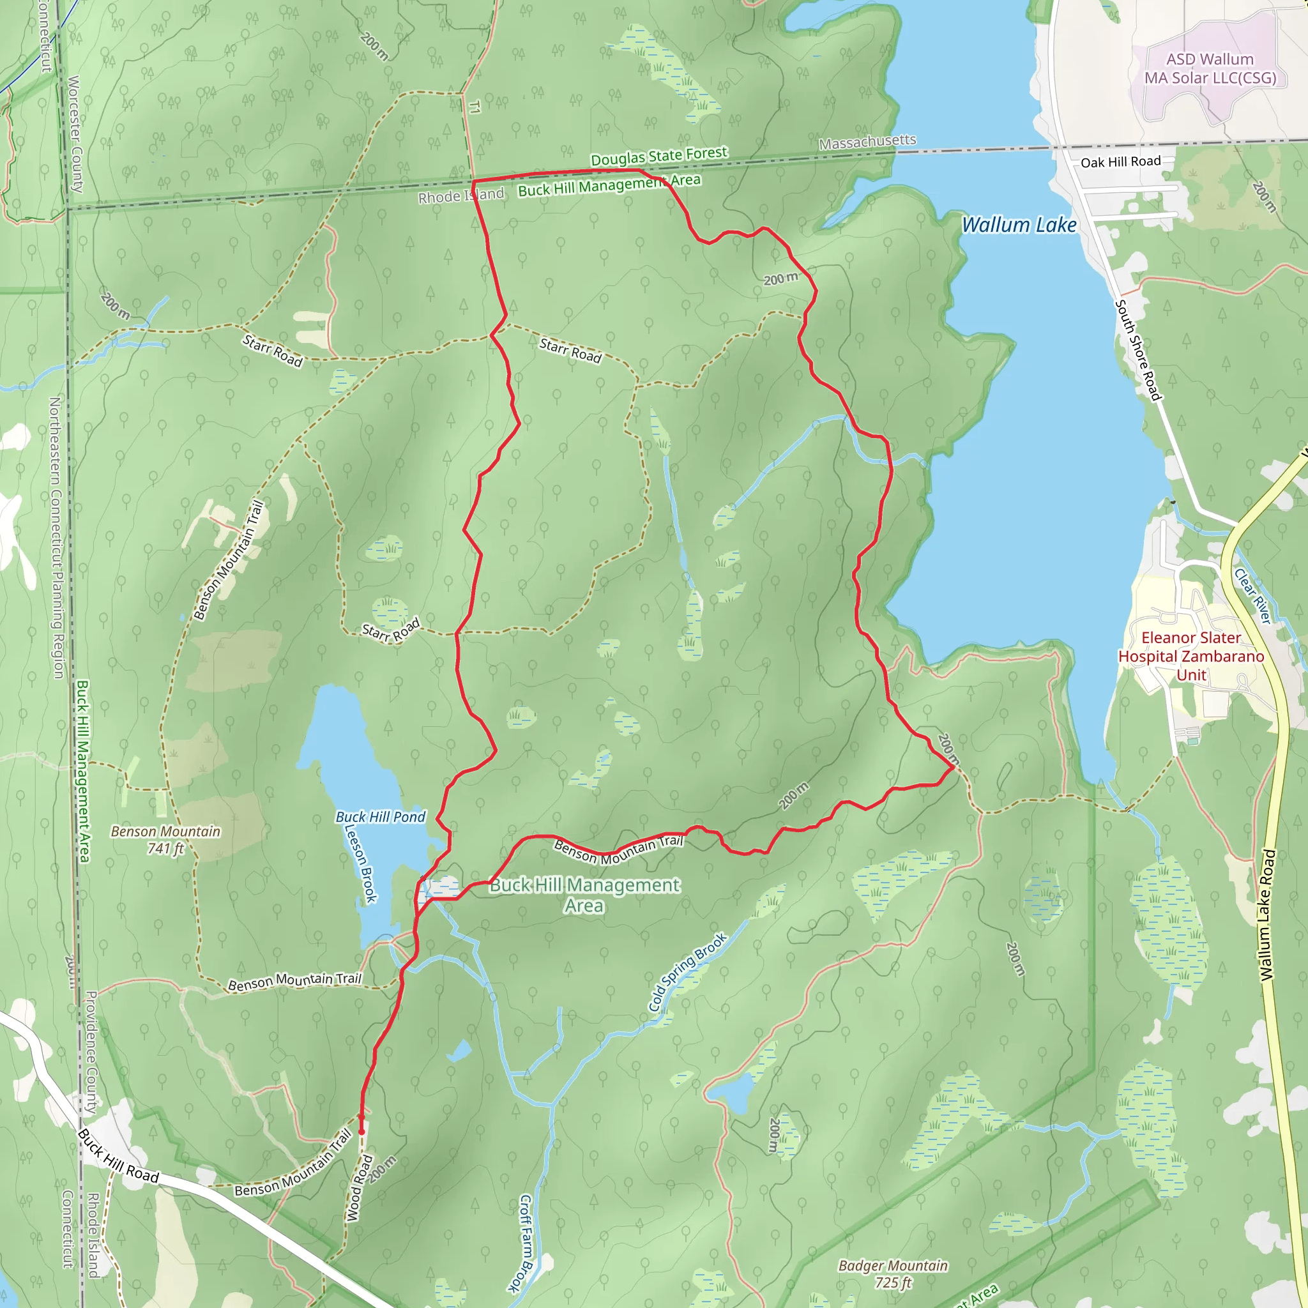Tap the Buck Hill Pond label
(x=381, y=817)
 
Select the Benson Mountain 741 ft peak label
(x=166, y=839)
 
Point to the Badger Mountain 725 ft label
(x=893, y=1274)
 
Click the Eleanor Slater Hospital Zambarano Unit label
(x=1191, y=656)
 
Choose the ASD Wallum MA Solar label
(x=1210, y=68)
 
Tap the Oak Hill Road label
(x=1120, y=162)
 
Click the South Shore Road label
(x=1138, y=350)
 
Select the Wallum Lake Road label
(x=1267, y=915)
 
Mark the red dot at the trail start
(x=361, y=1131)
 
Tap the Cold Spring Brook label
(x=687, y=972)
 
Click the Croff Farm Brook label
(x=527, y=1243)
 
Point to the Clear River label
(x=1253, y=596)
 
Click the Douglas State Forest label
(x=658, y=156)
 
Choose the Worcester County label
(x=75, y=134)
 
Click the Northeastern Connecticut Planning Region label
(x=56, y=538)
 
